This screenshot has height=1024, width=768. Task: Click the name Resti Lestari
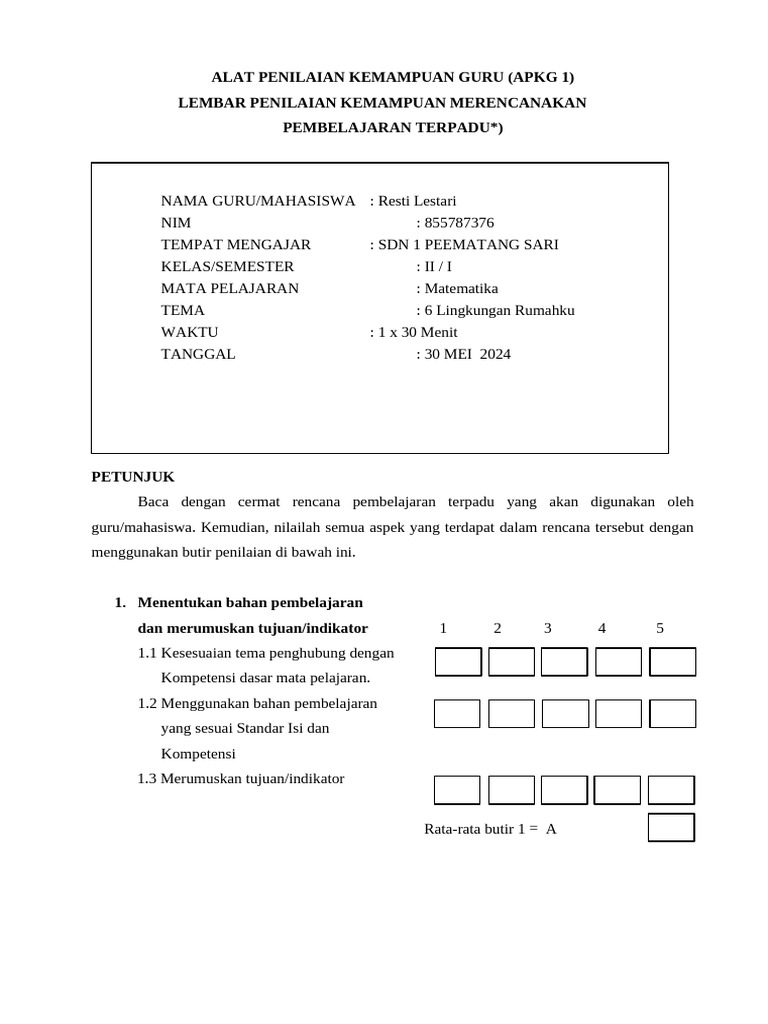tap(416, 201)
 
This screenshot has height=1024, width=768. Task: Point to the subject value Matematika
tap(456, 288)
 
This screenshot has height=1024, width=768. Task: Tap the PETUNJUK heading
tap(133, 477)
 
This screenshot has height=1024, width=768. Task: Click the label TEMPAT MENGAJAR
tap(236, 245)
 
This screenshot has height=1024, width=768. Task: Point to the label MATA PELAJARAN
tap(230, 288)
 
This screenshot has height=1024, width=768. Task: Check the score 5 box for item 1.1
tap(672, 662)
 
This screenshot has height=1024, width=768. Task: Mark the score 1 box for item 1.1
tap(458, 662)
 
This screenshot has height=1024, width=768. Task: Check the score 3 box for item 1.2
tap(565, 713)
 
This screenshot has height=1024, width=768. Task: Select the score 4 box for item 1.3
tap(618, 790)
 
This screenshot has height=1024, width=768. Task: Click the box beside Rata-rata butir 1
tap(671, 828)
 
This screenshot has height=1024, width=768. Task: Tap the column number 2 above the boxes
tap(497, 628)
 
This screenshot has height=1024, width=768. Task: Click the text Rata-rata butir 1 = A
tap(490, 829)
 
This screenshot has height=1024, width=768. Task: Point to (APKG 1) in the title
tap(541, 77)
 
